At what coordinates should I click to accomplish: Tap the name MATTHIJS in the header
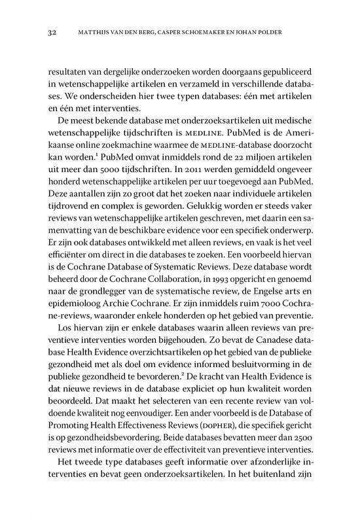point(95,31)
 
